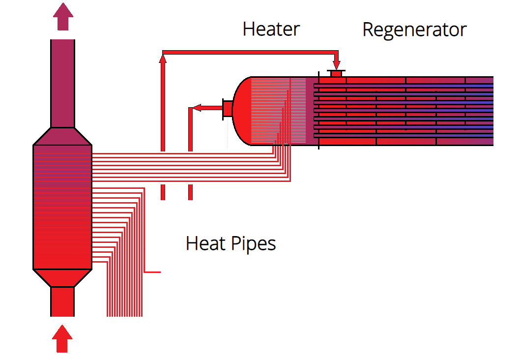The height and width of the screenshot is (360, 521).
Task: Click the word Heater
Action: point(271,30)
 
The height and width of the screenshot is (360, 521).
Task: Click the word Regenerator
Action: point(414,30)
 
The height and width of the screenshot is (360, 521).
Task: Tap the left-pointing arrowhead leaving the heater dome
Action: point(196,108)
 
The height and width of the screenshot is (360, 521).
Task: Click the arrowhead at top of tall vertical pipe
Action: point(163,59)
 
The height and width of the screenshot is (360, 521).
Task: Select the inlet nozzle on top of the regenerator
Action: point(337,74)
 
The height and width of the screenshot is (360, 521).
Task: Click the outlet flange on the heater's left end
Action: point(228,109)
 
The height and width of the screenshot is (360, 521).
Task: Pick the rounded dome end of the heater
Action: point(242,111)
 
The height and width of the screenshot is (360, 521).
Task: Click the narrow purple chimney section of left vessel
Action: point(62,84)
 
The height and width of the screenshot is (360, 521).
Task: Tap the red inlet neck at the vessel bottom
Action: point(62,301)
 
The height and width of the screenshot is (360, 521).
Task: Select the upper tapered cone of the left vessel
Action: point(62,136)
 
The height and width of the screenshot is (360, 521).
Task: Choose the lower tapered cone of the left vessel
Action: point(62,278)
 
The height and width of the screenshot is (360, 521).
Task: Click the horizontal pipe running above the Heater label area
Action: point(251,52)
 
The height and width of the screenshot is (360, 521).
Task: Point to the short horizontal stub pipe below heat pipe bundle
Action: point(153,271)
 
